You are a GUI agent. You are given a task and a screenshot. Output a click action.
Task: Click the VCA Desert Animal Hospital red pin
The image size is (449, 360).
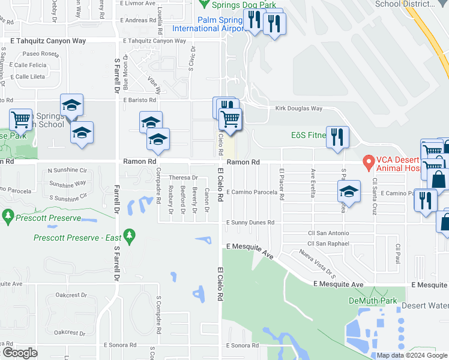368,161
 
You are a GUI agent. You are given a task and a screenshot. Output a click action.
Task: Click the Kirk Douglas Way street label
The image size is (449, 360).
299,109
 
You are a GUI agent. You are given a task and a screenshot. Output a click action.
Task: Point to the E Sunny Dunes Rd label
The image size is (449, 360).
250,223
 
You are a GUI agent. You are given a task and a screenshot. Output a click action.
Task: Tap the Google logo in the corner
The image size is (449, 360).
20,353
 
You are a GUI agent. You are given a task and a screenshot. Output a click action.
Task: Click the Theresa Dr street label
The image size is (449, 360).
183,178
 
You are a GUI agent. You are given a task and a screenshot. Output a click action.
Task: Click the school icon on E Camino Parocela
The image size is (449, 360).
348,191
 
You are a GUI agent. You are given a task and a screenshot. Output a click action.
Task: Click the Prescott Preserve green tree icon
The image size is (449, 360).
8,215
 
